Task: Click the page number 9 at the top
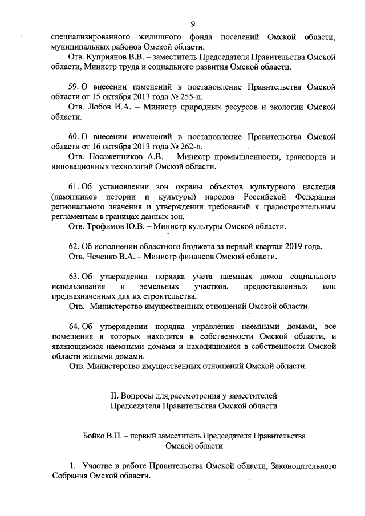tap(193, 23)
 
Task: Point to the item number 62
tap(73, 246)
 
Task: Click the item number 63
tap(73, 277)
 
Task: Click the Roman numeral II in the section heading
tap(113, 396)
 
